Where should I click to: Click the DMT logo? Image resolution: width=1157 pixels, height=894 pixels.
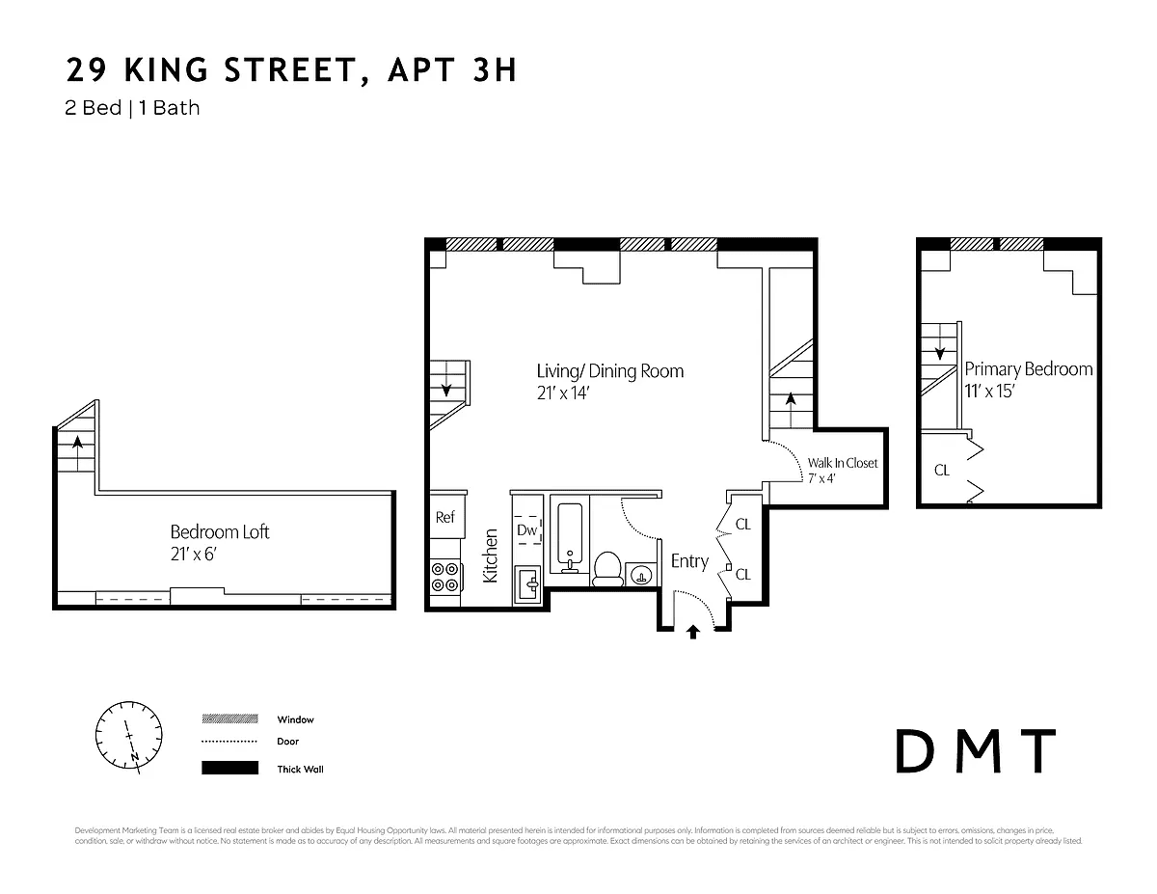point(975,752)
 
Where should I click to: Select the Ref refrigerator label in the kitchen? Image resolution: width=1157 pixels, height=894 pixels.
point(444,517)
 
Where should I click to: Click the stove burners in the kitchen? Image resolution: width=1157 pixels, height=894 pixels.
point(444,577)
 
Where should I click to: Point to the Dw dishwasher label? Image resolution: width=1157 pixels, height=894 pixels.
point(526,529)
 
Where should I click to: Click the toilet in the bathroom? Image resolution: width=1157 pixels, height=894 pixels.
point(606,568)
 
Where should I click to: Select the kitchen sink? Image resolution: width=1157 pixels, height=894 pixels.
point(528,582)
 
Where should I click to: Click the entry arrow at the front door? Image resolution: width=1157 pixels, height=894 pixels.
point(692,632)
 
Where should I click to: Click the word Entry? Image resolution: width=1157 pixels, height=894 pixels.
point(689,561)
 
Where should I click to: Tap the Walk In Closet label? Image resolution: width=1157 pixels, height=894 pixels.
point(843,463)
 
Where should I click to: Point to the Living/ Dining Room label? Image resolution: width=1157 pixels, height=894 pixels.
point(609,371)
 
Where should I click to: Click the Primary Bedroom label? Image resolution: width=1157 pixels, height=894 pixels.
point(1029,369)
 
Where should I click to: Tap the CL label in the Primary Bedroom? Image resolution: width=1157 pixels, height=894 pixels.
point(941,471)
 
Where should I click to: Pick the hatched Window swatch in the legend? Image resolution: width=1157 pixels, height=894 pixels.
point(229,719)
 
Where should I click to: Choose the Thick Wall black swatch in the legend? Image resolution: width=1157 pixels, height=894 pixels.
point(229,769)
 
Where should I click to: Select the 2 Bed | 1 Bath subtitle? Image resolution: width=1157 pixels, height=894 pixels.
point(132,107)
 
